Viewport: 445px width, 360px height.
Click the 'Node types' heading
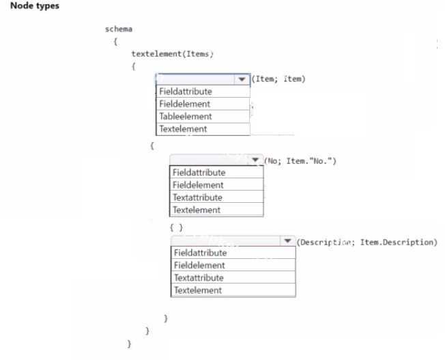[x=35, y=6]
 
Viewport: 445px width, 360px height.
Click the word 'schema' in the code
[x=119, y=29]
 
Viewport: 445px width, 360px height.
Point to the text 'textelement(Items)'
[x=172, y=54]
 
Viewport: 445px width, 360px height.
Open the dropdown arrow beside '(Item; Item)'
[x=242, y=79]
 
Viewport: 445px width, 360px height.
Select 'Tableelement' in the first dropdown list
[x=186, y=116]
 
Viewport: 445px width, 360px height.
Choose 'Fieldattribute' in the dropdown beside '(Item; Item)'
[x=186, y=92]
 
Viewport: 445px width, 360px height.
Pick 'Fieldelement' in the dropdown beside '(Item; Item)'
[x=184, y=104]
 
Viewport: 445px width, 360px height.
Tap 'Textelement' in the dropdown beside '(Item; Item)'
[x=183, y=128]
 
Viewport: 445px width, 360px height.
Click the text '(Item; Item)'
[x=278, y=79]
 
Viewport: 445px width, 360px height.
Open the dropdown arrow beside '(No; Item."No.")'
[x=255, y=160]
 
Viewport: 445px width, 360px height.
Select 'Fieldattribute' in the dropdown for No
[x=199, y=172]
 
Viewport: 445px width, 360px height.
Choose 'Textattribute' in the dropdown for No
[x=197, y=197]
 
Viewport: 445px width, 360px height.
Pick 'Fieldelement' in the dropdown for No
[x=198, y=185]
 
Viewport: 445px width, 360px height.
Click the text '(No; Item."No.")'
[x=300, y=161]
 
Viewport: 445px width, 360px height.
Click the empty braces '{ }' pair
[x=176, y=227]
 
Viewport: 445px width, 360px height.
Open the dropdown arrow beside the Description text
[x=287, y=241]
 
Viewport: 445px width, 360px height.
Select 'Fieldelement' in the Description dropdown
[x=199, y=265]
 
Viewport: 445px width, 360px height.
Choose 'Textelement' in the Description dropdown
[x=198, y=290]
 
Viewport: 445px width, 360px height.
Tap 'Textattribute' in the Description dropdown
[x=199, y=277]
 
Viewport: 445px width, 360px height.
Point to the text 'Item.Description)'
[x=399, y=243]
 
